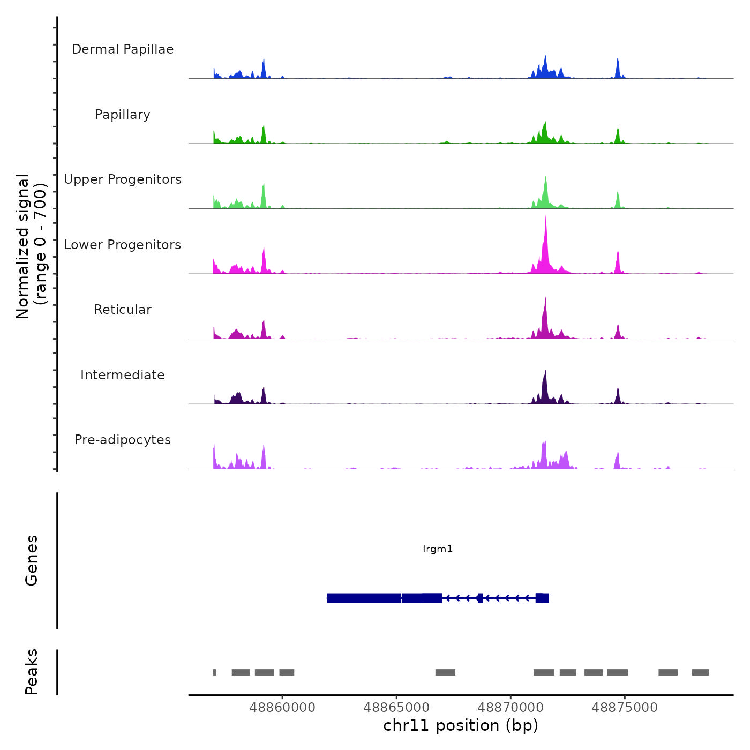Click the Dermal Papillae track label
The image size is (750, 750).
click(x=123, y=49)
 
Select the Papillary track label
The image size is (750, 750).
click(x=123, y=115)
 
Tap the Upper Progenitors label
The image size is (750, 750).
click(x=123, y=179)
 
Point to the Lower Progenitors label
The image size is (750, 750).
click(x=123, y=245)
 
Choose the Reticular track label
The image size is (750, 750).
click(x=123, y=310)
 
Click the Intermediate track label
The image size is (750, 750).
click(x=123, y=375)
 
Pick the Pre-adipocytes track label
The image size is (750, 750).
click(x=123, y=440)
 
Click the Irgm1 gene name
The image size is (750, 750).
click(x=438, y=549)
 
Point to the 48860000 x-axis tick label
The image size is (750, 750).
click(x=282, y=708)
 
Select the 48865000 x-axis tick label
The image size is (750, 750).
click(x=396, y=708)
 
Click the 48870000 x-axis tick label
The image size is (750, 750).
click(x=511, y=708)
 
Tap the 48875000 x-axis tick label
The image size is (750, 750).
click(x=625, y=708)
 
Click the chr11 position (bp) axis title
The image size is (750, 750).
click(x=461, y=725)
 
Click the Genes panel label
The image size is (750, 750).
click(x=32, y=560)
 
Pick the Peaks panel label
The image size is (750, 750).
click(x=32, y=672)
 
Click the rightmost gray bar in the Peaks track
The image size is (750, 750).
click(x=700, y=672)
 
